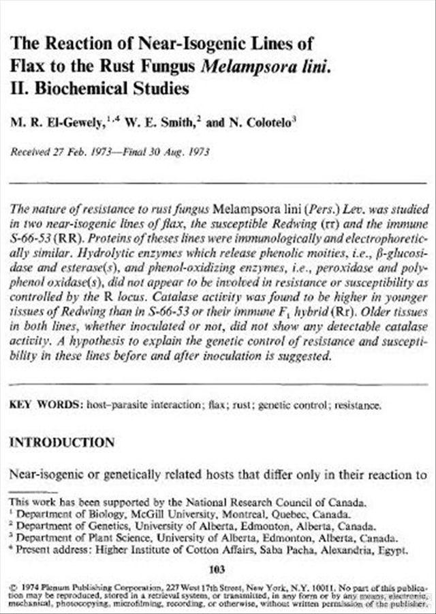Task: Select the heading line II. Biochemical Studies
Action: coord(99,89)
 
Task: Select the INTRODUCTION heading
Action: coord(61,443)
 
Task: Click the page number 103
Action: coord(217,569)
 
